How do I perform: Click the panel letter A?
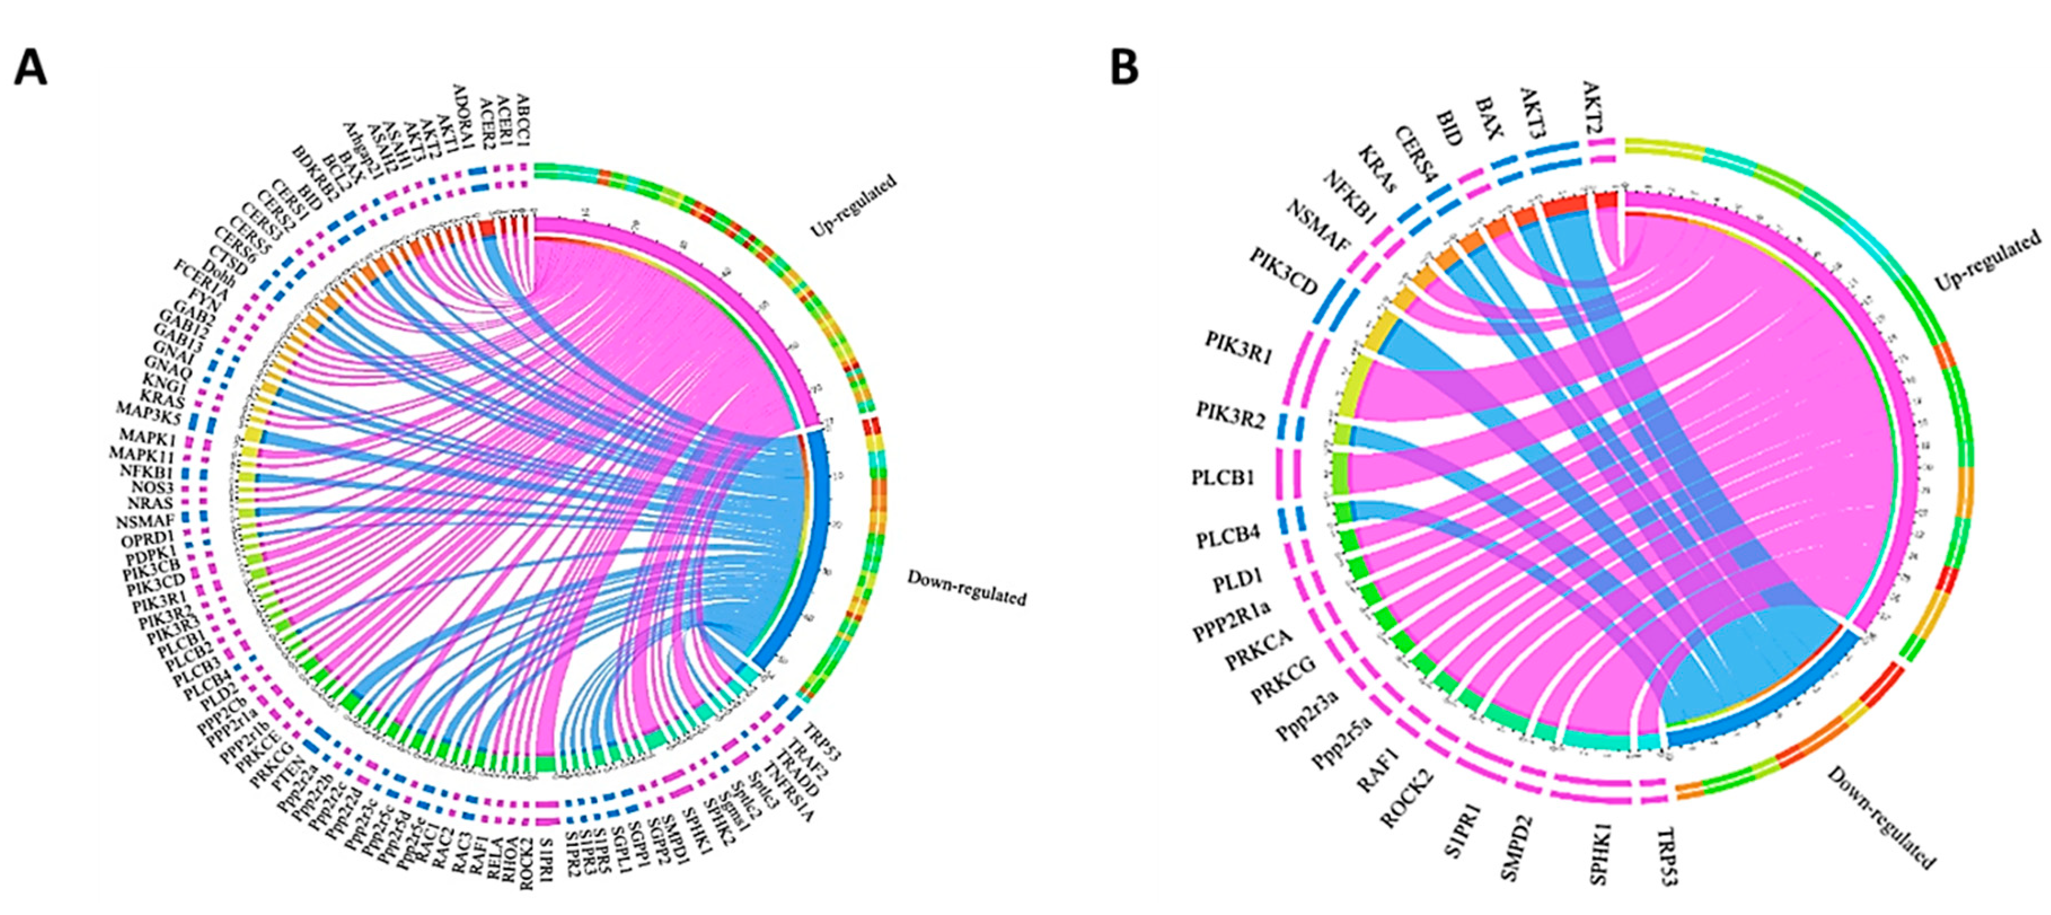[30, 68]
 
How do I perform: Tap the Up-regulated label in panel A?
[854, 205]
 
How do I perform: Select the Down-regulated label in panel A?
[967, 587]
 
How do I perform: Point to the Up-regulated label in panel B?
[1987, 259]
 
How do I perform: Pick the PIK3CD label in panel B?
[1282, 271]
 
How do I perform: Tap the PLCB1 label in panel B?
[1223, 478]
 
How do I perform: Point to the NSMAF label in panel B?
[1318, 226]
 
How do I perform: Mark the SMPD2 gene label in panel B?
[1515, 845]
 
